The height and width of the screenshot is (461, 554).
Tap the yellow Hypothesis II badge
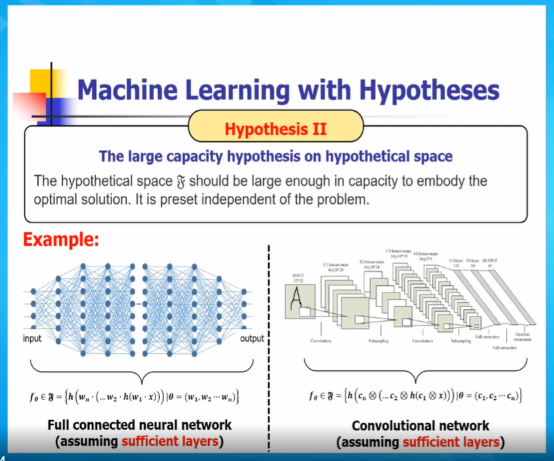[275, 128]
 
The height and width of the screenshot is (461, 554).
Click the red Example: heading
[61, 239]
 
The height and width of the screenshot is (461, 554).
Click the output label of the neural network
[251, 339]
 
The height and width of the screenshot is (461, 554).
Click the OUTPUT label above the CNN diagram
[489, 260]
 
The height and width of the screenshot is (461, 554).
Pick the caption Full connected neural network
[139, 425]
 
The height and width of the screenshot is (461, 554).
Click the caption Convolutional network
[420, 426]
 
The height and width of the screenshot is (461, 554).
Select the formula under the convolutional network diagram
[416, 397]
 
